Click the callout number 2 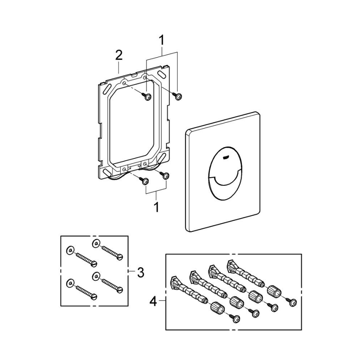pos(119,55)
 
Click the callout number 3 pos(140,272)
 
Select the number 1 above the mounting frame pos(162,40)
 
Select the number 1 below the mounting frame pos(156,207)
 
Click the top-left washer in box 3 pos(71,250)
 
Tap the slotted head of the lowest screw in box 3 pos(94,296)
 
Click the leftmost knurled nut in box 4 pos(216,307)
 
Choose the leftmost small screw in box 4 pos(237,319)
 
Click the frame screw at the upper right pos(177,96)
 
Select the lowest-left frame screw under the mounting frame pos(146,181)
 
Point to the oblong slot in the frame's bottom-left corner pos(107,171)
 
